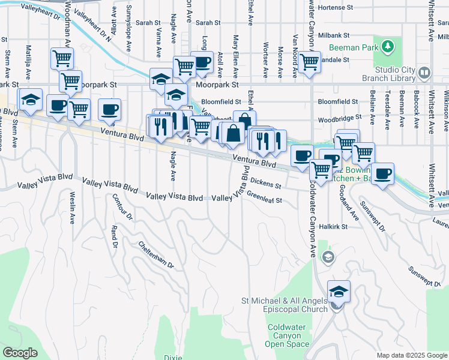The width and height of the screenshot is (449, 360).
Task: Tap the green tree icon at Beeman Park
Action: click(388, 46)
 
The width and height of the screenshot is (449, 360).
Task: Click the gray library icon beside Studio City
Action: click(424, 74)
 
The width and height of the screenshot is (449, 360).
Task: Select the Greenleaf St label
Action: click(264, 199)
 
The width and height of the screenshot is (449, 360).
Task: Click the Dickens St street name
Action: click(266, 181)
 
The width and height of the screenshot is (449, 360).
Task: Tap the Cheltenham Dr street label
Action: click(155, 254)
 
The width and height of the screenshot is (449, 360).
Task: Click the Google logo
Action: click(20, 352)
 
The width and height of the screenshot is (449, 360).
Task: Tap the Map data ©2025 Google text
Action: click(411, 355)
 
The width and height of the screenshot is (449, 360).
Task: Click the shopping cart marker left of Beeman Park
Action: click(309, 61)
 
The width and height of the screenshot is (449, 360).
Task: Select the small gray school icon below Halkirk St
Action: click(328, 257)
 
